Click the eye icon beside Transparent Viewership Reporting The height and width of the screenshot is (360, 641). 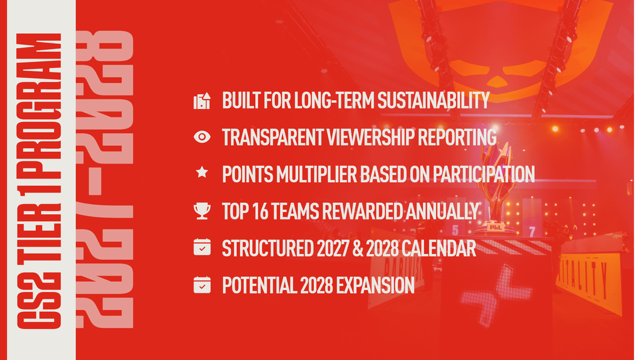[202, 137]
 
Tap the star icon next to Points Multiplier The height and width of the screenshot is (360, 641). [202, 172]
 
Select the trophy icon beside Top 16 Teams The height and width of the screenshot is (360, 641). [202, 211]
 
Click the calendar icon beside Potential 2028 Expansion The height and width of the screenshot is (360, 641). [202, 285]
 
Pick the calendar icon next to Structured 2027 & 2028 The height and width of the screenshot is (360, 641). [202, 248]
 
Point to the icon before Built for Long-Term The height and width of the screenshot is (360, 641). [202, 101]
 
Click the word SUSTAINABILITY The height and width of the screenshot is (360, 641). [433, 100]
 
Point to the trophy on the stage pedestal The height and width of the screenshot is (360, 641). [496, 189]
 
